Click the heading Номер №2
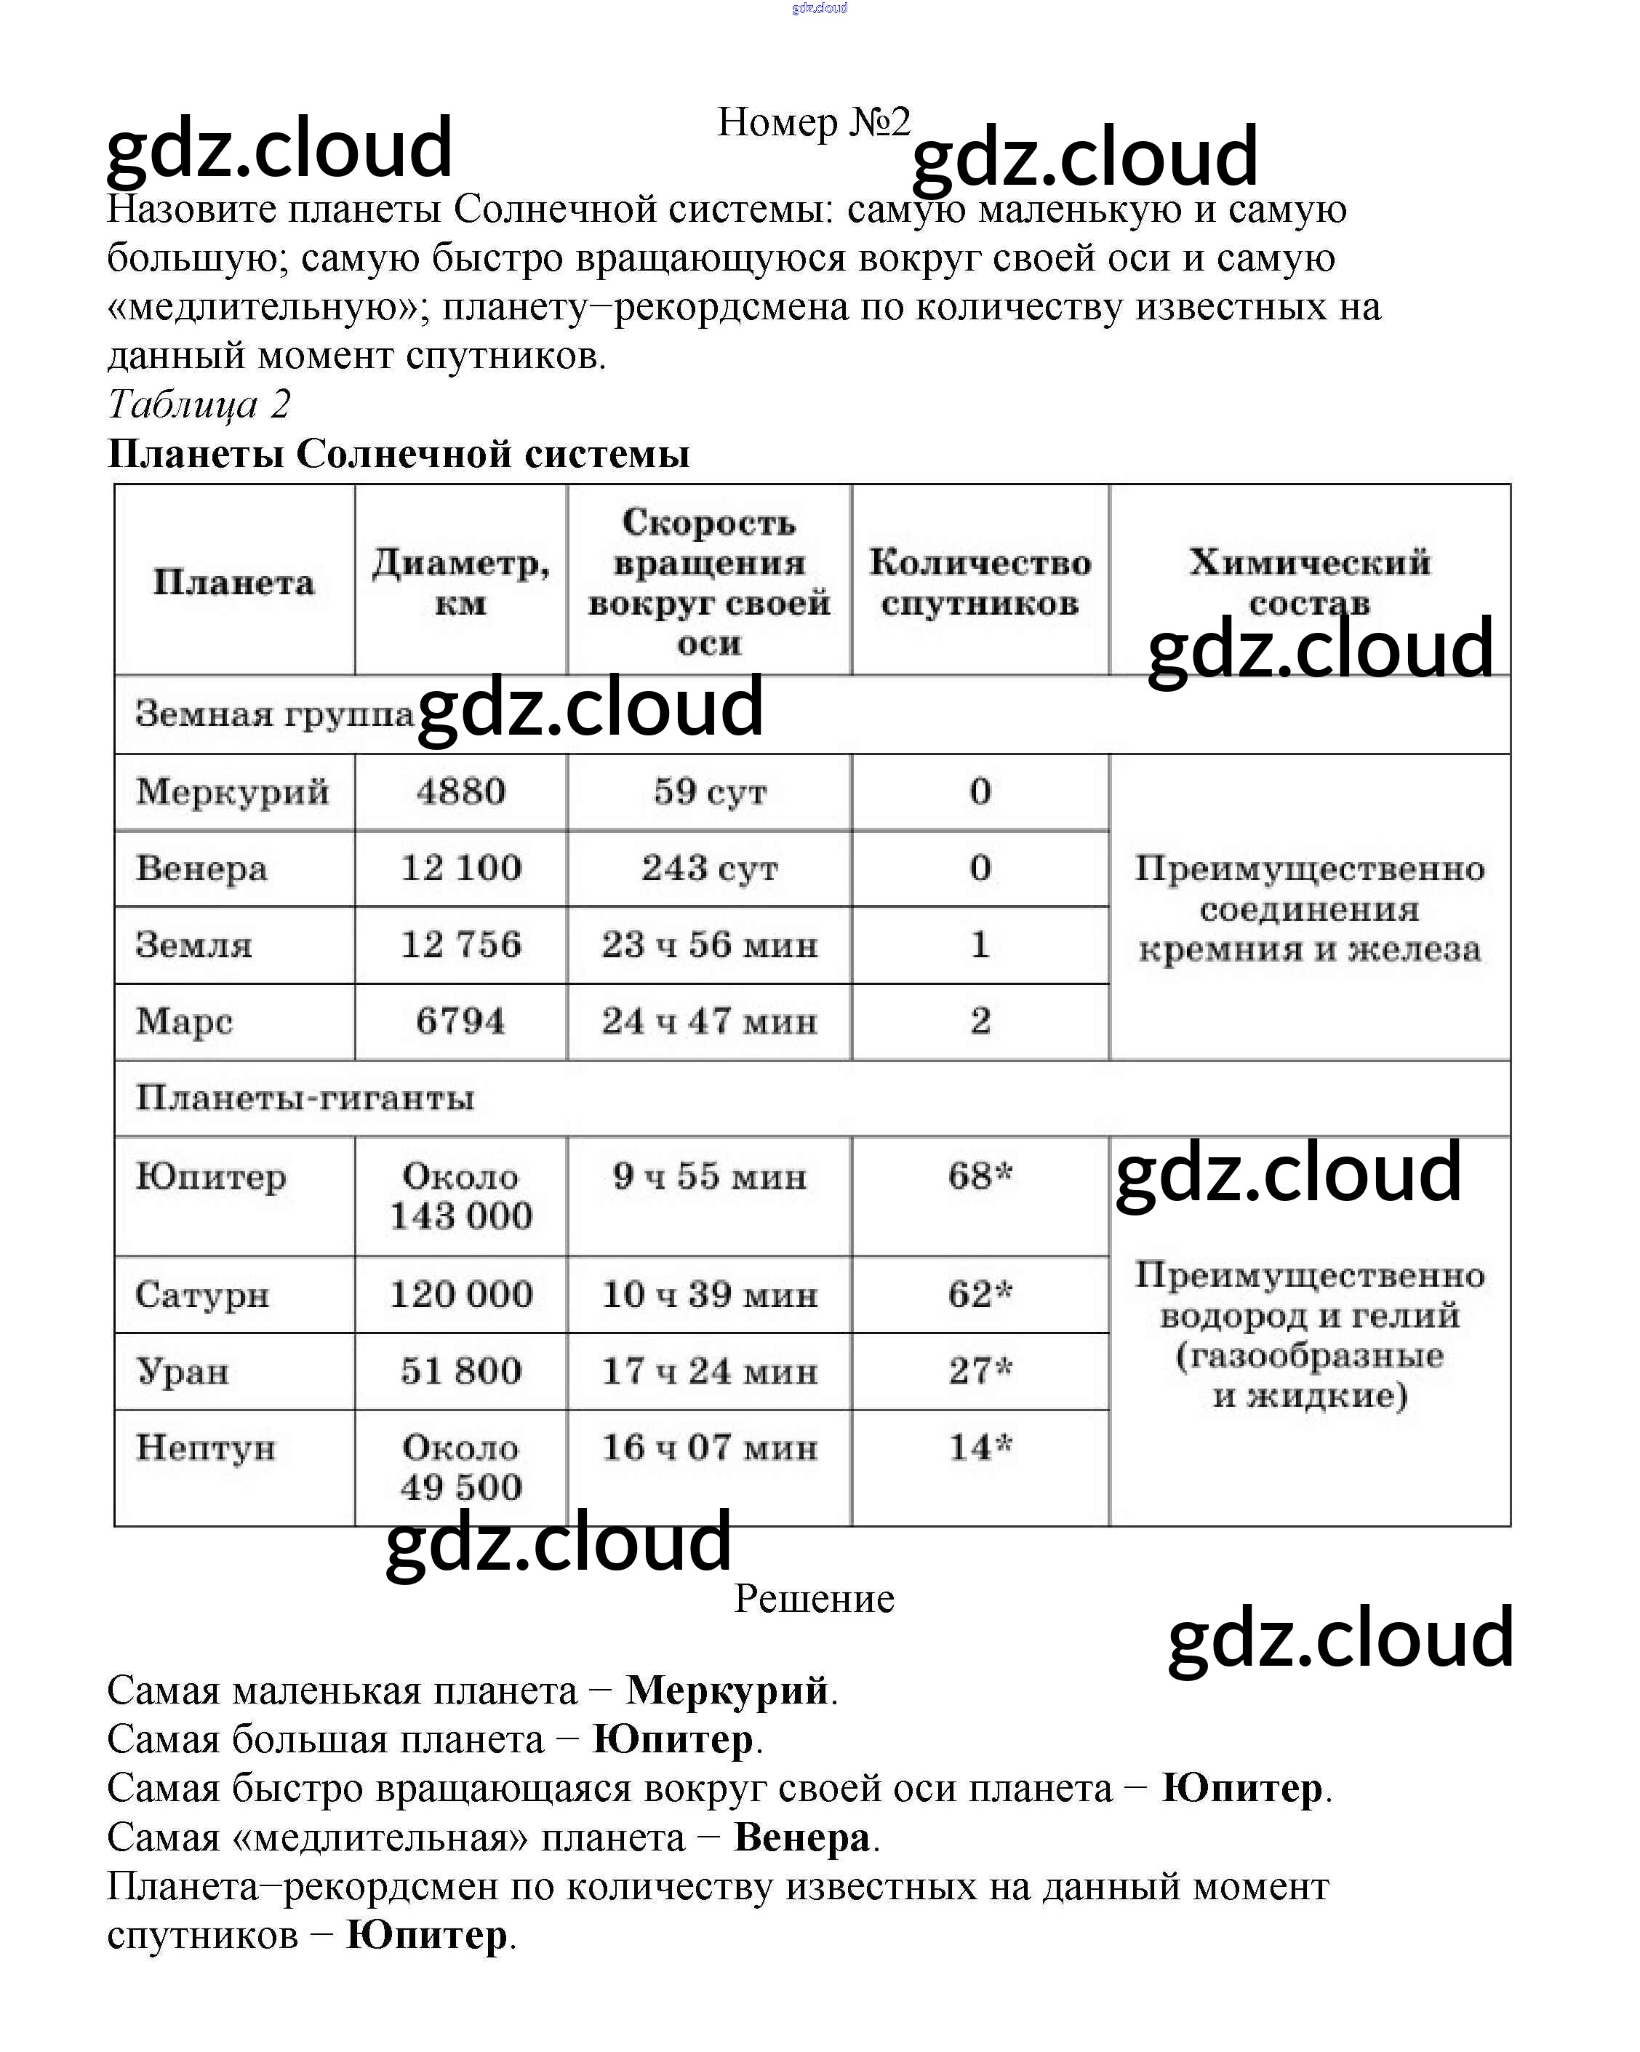click(813, 123)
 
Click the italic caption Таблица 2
click(198, 404)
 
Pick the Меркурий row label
click(232, 792)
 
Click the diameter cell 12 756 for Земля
click(460, 945)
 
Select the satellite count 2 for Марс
click(980, 1021)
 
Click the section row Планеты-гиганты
click(305, 1098)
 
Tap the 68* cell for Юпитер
click(980, 1176)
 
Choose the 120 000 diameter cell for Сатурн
click(460, 1294)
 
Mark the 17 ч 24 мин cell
click(709, 1371)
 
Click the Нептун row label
click(206, 1448)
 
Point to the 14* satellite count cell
click(980, 1448)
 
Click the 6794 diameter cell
click(460, 1021)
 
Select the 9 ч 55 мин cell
click(709, 1176)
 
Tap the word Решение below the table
click(814, 1599)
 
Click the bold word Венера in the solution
click(801, 1838)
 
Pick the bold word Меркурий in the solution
click(727, 1691)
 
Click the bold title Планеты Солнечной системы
click(398, 454)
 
